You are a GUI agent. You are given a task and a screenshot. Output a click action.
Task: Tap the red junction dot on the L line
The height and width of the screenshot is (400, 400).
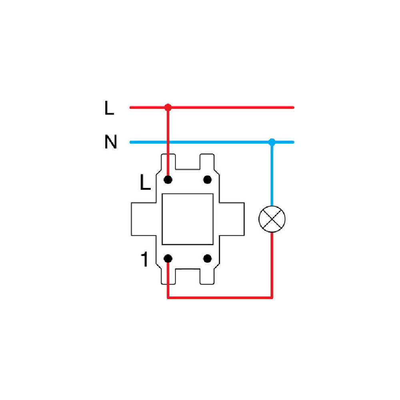[x=168, y=107]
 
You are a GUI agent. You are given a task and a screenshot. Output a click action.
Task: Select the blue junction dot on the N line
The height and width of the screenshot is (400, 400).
[x=272, y=142]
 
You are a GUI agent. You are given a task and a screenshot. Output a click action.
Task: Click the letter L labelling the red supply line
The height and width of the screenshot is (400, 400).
[x=109, y=108]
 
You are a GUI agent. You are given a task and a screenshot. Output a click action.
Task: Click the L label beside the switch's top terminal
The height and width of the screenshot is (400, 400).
[x=146, y=182]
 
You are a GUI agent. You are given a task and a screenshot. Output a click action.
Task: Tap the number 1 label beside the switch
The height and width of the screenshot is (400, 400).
[x=145, y=259]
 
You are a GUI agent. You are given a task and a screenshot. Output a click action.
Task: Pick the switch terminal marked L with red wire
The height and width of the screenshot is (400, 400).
[x=168, y=180]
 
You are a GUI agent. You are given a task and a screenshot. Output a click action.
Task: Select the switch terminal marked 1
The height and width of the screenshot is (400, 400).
[x=168, y=258]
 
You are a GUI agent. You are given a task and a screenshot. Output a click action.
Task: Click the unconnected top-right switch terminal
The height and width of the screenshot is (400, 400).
[x=207, y=180]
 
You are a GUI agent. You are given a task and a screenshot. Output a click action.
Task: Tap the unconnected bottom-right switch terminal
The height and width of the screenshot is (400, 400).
[x=207, y=258]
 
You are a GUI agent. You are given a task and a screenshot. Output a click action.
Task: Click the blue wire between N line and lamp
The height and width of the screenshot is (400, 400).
[x=272, y=174]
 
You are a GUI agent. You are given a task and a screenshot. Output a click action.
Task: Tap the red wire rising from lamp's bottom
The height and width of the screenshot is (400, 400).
[x=272, y=265]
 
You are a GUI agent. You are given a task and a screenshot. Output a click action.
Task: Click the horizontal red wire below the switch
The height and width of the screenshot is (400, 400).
[x=220, y=298]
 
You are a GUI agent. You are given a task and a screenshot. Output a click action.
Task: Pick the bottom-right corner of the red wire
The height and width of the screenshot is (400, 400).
[x=272, y=298]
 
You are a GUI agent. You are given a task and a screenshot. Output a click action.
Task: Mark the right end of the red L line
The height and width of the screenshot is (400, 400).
[x=293, y=107]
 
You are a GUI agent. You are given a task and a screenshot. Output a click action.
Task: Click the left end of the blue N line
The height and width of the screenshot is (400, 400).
[x=131, y=142]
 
